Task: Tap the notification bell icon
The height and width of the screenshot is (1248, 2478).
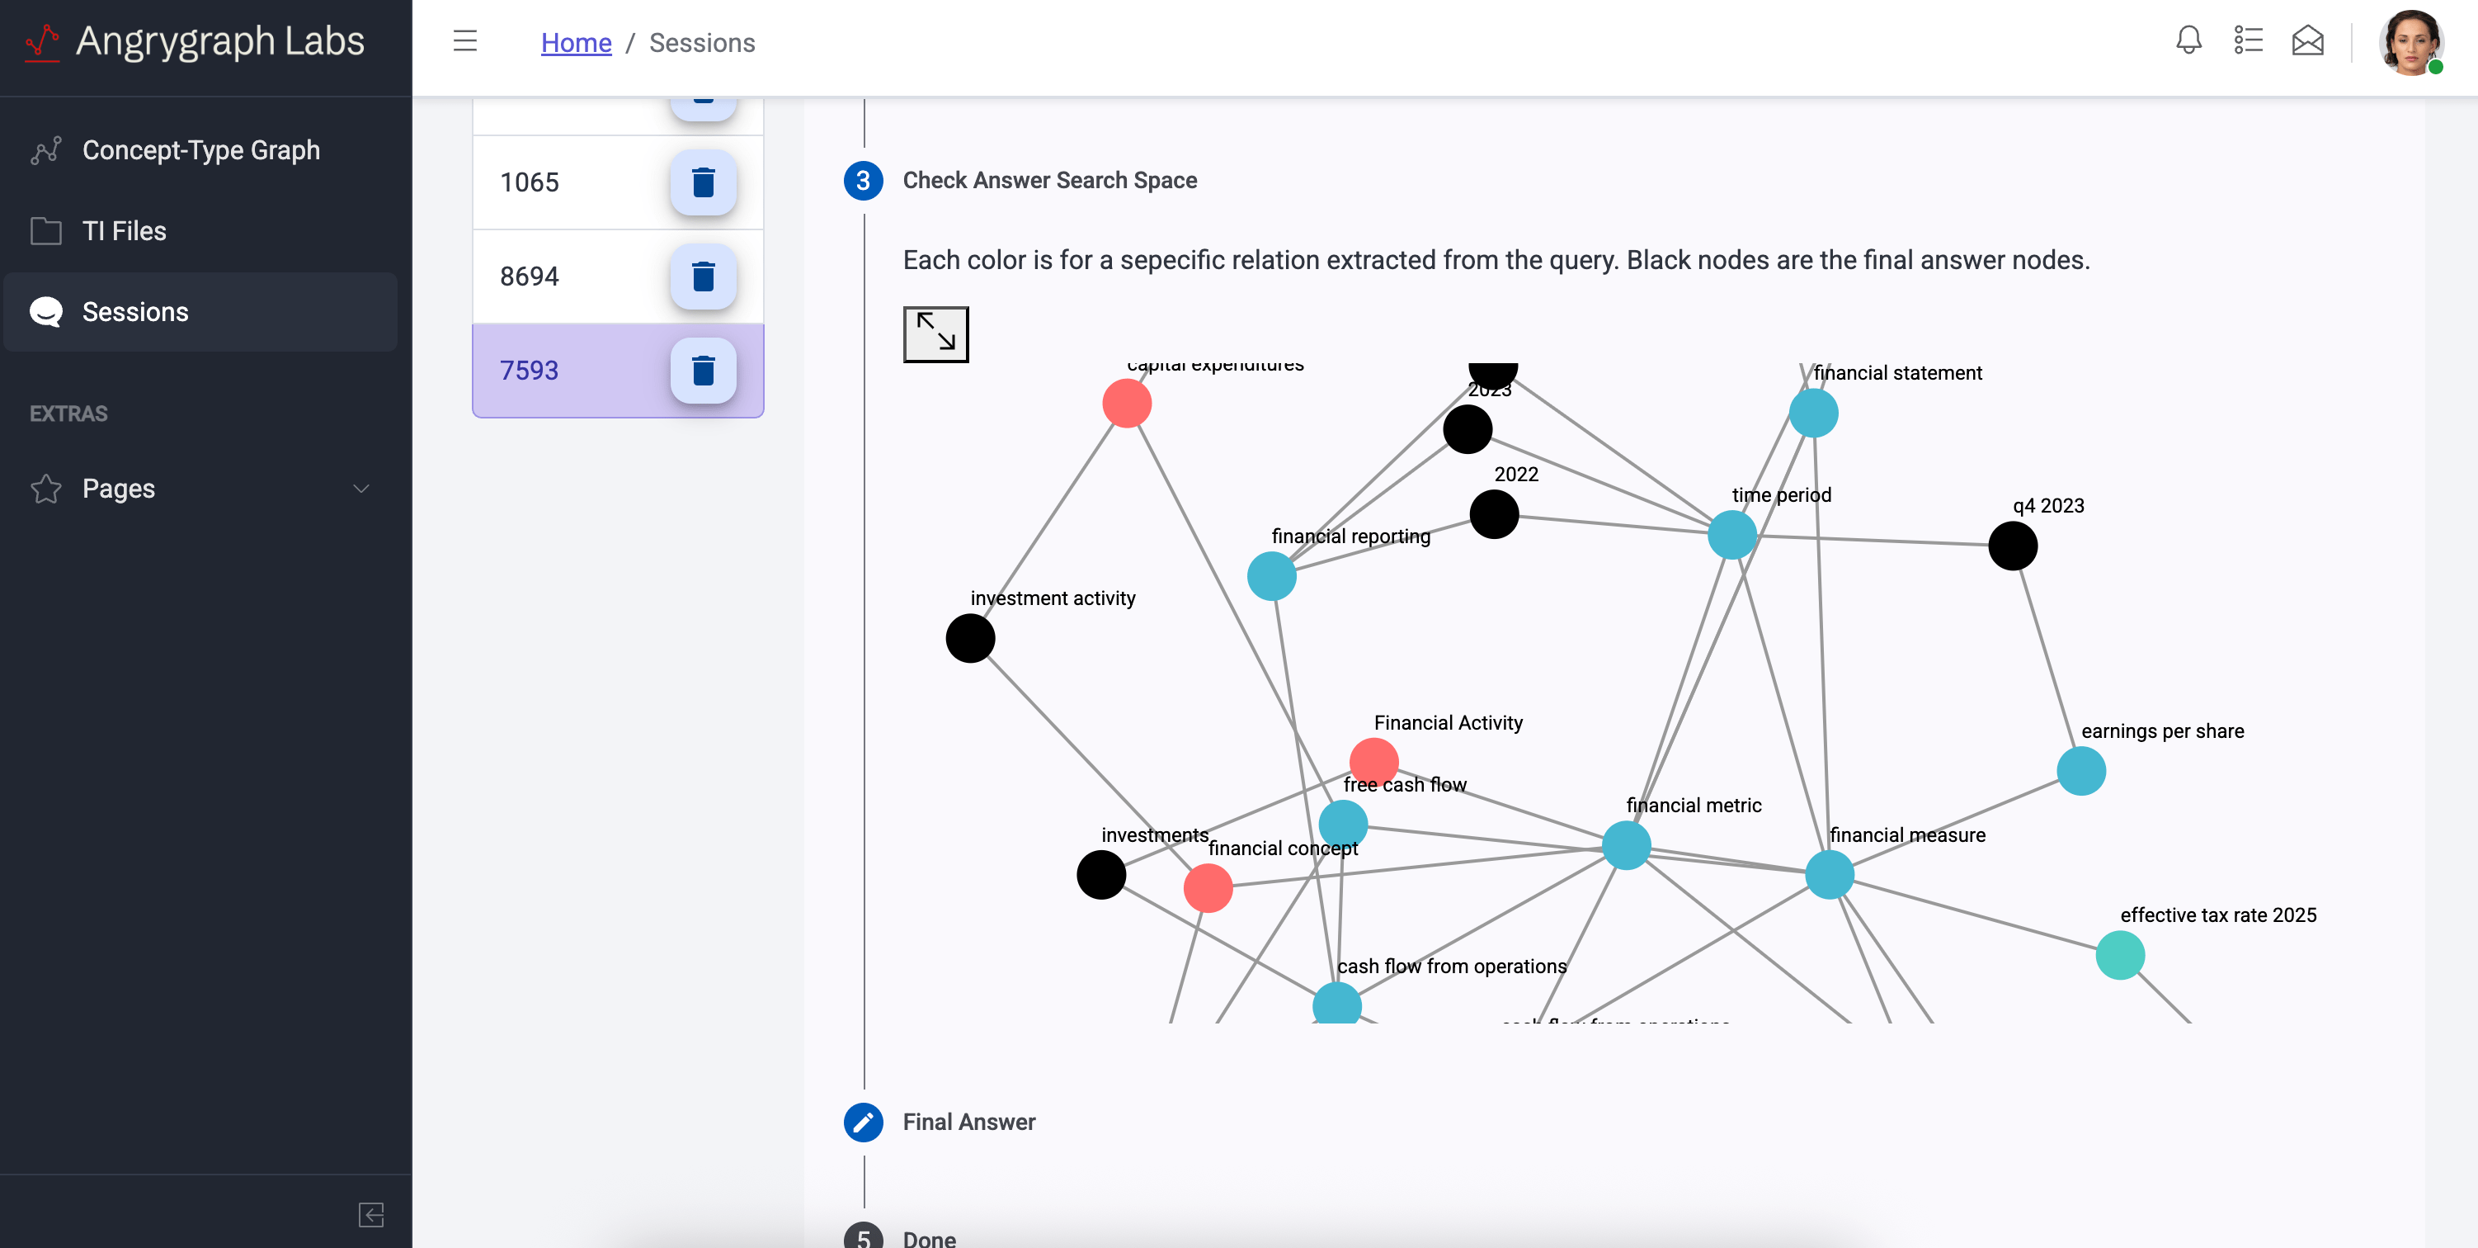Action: coord(2188,40)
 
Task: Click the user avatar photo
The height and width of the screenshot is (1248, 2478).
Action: coord(2410,42)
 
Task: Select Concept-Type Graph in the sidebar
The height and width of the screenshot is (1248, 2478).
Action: coord(200,150)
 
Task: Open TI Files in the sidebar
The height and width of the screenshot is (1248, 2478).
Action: coord(124,231)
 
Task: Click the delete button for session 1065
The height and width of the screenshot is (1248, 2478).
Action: coord(703,182)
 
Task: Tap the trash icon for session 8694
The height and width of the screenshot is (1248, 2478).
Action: coord(703,277)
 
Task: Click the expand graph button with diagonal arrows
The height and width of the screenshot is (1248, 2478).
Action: coord(935,334)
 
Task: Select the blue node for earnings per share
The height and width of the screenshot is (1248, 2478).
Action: coord(2080,771)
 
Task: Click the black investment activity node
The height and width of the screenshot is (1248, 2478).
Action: coord(969,638)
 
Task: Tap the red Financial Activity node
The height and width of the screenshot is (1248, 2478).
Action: coord(1373,761)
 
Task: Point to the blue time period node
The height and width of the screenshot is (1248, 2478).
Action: coord(1731,534)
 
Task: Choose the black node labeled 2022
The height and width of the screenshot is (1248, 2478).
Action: coord(1494,514)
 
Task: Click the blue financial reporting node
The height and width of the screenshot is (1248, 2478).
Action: coord(1270,576)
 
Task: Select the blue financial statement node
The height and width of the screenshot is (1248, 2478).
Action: coord(1813,413)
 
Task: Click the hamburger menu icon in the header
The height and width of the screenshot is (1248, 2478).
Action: coord(464,40)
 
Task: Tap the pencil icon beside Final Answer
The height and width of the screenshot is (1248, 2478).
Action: coord(863,1122)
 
